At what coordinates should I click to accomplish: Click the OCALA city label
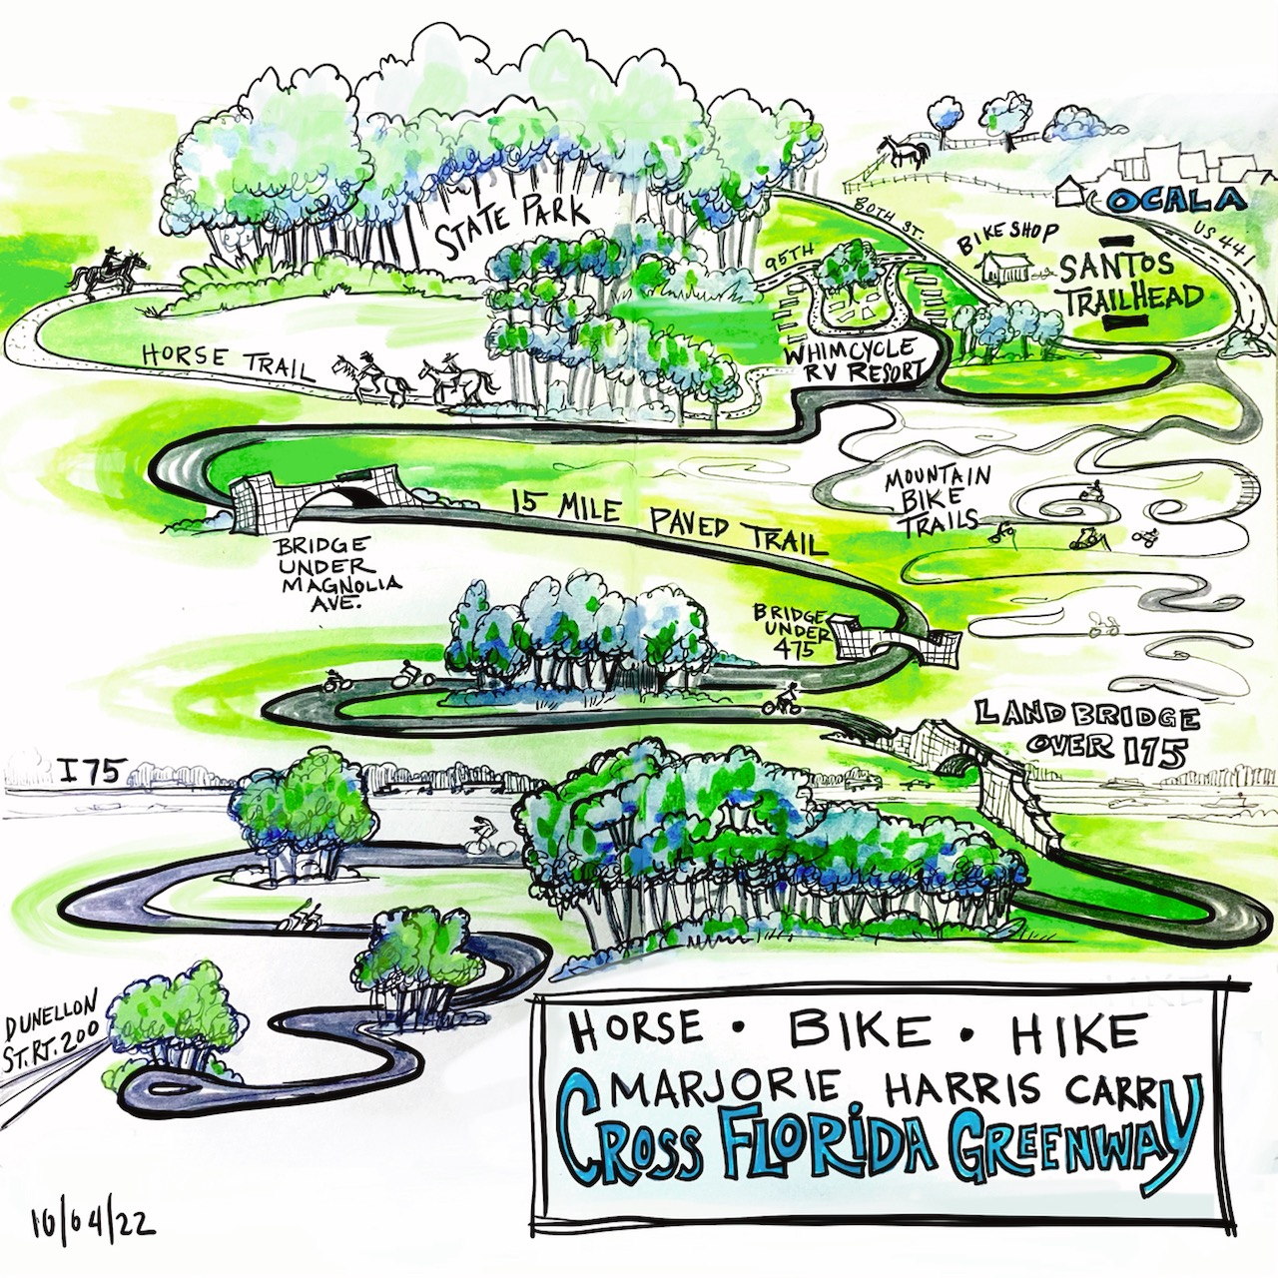tap(1176, 201)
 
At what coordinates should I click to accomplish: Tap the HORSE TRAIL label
tap(227, 361)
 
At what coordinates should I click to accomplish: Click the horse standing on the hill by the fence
tap(905, 152)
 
